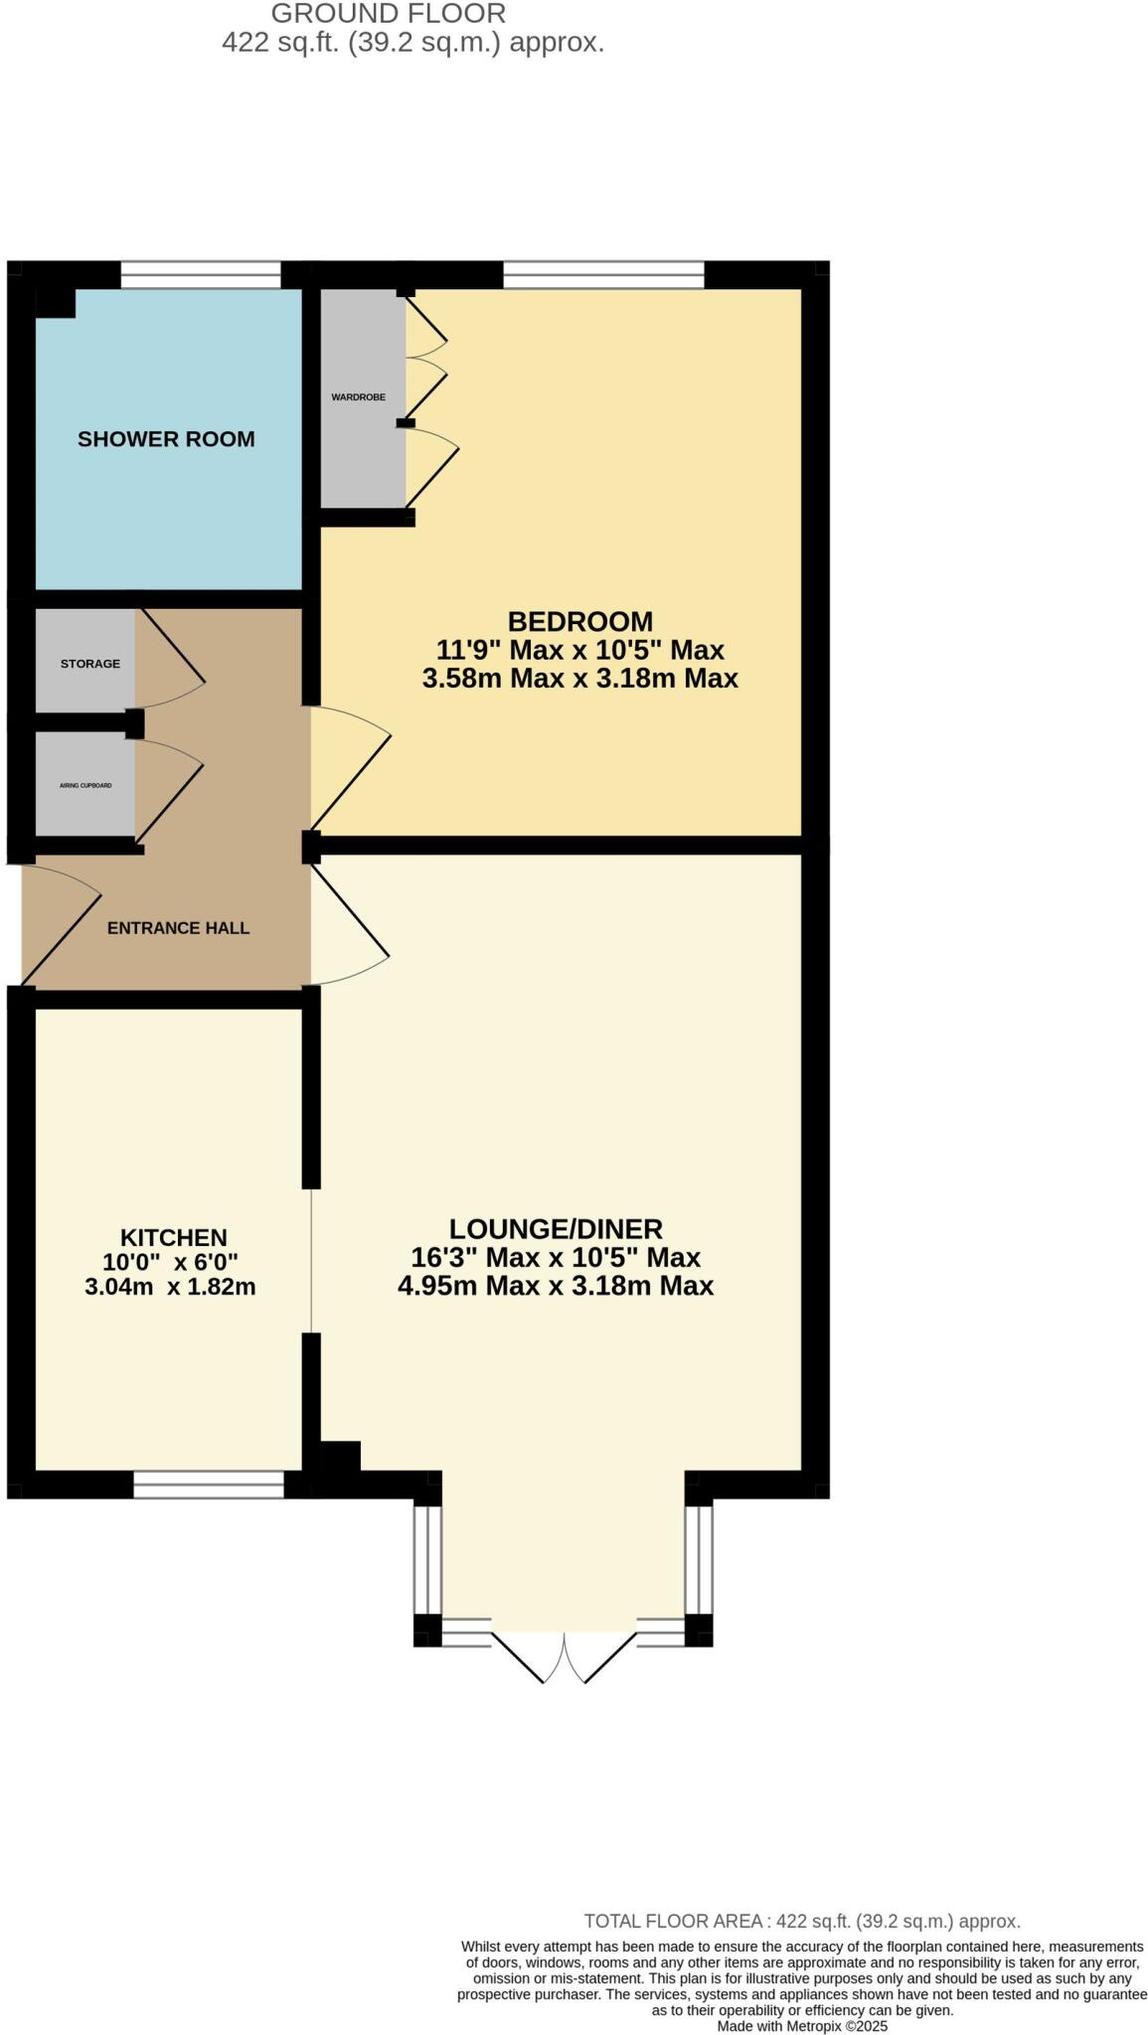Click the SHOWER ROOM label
[x=166, y=439]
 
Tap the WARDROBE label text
[x=358, y=397]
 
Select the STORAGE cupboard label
[x=89, y=664]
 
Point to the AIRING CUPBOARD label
[x=85, y=786]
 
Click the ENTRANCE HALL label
[x=178, y=928]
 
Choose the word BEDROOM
[x=580, y=622]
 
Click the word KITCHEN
[x=174, y=1237]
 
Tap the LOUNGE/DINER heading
[x=556, y=1229]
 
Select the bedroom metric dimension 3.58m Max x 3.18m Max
[x=580, y=679]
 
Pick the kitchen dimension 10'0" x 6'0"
[x=171, y=1262]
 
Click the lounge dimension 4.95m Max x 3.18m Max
[x=556, y=1287]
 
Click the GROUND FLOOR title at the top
[x=389, y=14]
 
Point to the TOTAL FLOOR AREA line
[x=801, y=1921]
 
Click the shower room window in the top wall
[x=201, y=274]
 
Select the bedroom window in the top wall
[x=603, y=274]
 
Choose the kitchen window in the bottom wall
[x=209, y=1485]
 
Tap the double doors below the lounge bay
[x=564, y=1651]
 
